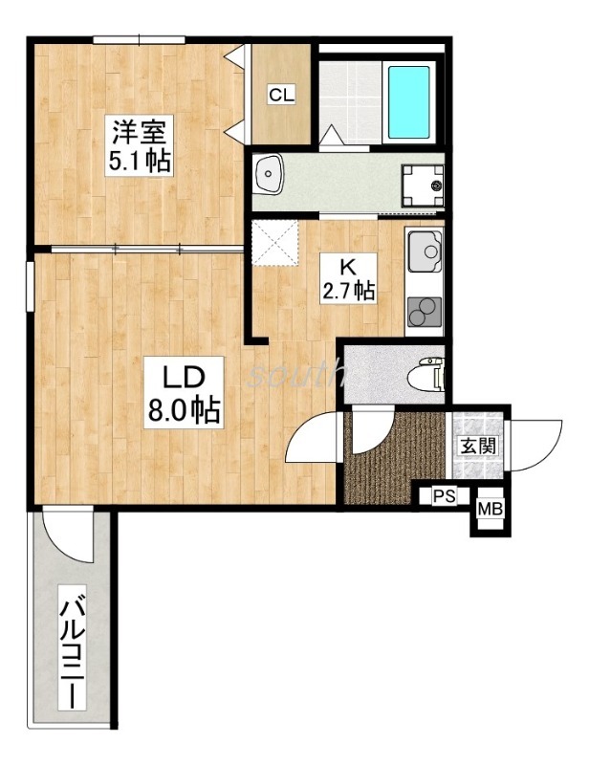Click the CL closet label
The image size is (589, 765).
(281, 94)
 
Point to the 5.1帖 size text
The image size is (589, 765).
(139, 160)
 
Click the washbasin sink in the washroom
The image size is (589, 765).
(272, 175)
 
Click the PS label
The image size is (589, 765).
(443, 496)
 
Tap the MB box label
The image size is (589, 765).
(490, 509)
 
